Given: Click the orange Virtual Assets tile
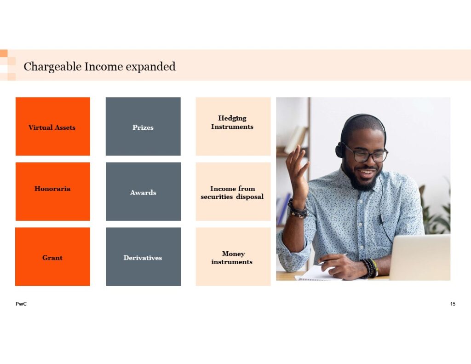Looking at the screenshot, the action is (53, 126).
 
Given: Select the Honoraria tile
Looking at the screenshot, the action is (53, 191).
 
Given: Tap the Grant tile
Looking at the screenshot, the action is (52, 257).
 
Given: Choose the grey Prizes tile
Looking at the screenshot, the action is (144, 126).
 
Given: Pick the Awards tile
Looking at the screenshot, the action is (144, 191).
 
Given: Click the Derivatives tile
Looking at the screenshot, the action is (144, 257).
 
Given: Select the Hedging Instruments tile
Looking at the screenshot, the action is (233, 126).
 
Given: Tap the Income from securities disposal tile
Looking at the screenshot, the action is (233, 191).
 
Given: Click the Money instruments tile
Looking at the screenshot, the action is (233, 257).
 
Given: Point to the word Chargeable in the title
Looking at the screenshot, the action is (52, 67).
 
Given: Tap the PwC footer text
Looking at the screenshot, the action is (21, 304).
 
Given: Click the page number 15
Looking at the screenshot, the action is (453, 304).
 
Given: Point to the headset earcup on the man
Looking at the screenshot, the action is (340, 150).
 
